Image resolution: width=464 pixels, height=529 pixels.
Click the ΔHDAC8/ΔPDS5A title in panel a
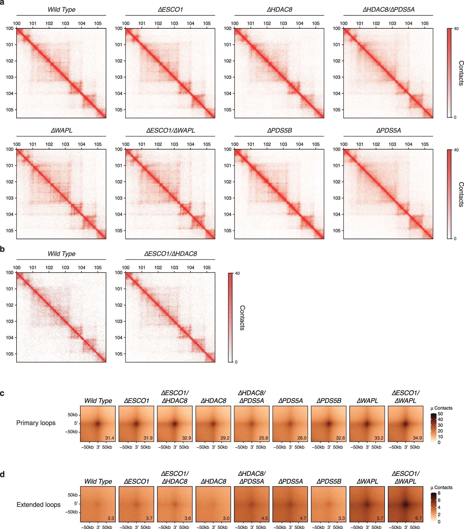tap(388, 10)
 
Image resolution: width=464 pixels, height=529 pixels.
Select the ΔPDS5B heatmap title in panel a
tap(279, 131)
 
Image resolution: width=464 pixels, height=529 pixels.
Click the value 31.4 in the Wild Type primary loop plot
tap(110, 438)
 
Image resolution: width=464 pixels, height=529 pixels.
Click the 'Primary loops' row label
tap(36, 423)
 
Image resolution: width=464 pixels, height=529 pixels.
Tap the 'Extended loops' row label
tap(38, 505)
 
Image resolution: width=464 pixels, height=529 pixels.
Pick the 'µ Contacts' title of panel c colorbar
tap(441, 408)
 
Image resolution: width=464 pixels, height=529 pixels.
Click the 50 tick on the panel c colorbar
tap(440, 414)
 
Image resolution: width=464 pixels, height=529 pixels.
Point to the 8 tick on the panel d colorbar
tap(439, 493)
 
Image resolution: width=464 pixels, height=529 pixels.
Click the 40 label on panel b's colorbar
tap(237, 273)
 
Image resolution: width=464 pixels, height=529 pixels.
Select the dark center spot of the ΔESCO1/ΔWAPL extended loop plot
tap(405, 504)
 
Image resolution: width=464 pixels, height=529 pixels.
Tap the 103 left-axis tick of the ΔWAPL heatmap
tap(10, 198)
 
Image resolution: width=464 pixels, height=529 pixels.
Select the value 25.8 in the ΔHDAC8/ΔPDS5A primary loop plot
tap(264, 438)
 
